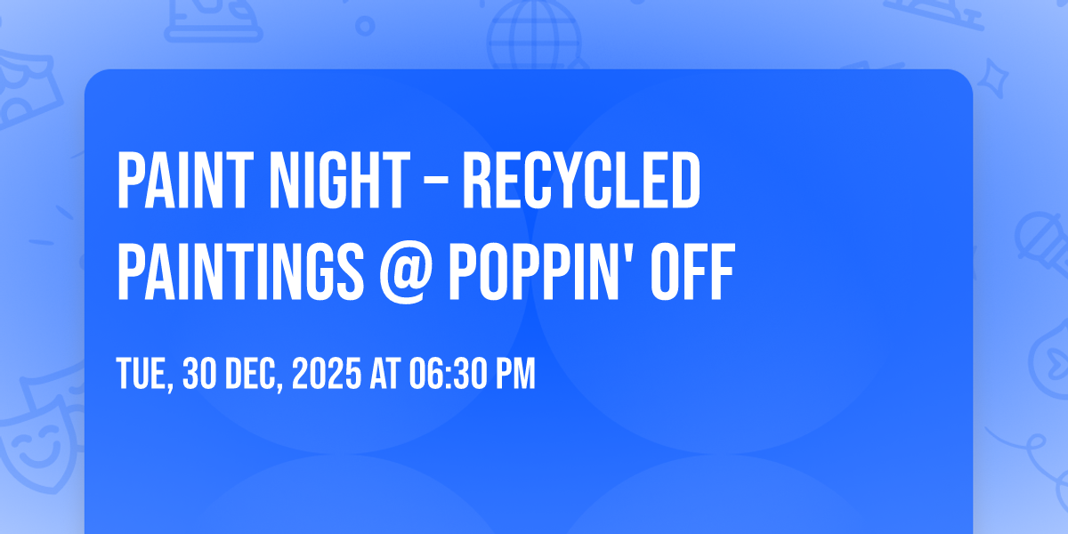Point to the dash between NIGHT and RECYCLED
pos(441,183)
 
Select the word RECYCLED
pos(582,181)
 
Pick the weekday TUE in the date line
pos(143,375)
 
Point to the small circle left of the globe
pos(365,24)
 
